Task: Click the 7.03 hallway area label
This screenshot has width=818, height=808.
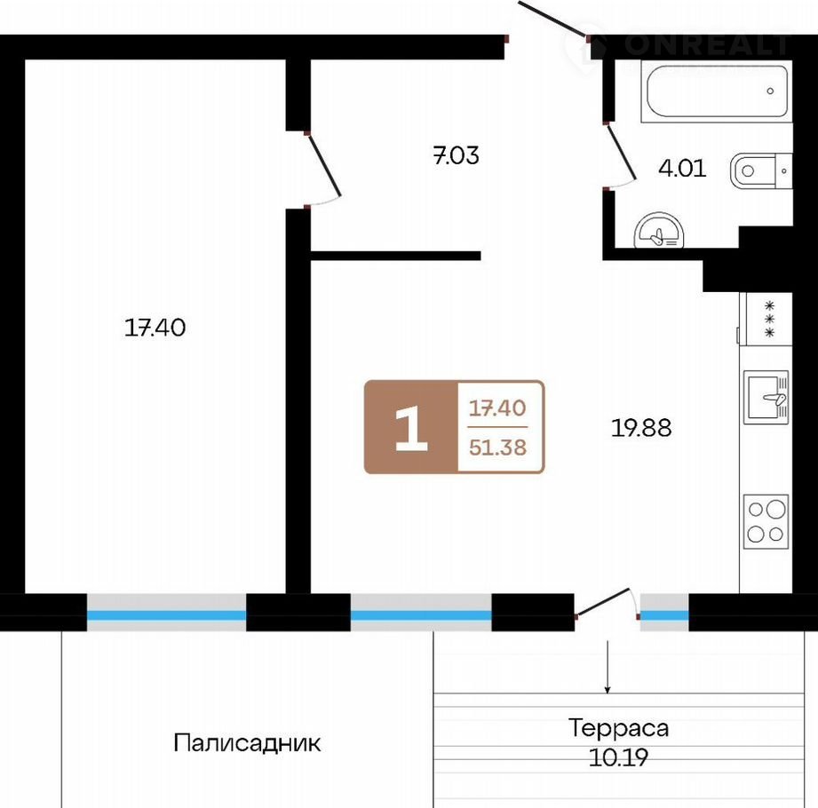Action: (456, 155)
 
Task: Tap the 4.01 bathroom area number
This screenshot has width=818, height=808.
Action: (682, 168)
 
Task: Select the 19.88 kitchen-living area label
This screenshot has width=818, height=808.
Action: (641, 428)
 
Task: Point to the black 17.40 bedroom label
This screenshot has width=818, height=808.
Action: (155, 328)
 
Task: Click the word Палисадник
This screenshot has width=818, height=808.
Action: (247, 743)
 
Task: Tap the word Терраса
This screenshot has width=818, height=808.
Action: (618, 728)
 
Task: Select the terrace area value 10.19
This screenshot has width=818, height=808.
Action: (618, 757)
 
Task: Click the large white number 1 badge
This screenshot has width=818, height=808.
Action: (411, 428)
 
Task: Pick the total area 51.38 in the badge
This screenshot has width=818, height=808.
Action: (497, 447)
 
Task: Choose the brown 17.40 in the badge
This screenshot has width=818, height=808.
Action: (497, 408)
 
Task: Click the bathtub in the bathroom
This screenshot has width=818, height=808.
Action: (718, 92)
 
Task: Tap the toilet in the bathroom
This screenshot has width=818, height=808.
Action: (762, 170)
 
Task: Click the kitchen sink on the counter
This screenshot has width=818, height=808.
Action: (766, 397)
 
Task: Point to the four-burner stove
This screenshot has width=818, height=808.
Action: (766, 521)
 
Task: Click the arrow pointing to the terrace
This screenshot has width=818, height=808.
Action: (608, 667)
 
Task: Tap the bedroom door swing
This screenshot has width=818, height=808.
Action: (323, 166)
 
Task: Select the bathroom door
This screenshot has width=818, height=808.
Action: (620, 154)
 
